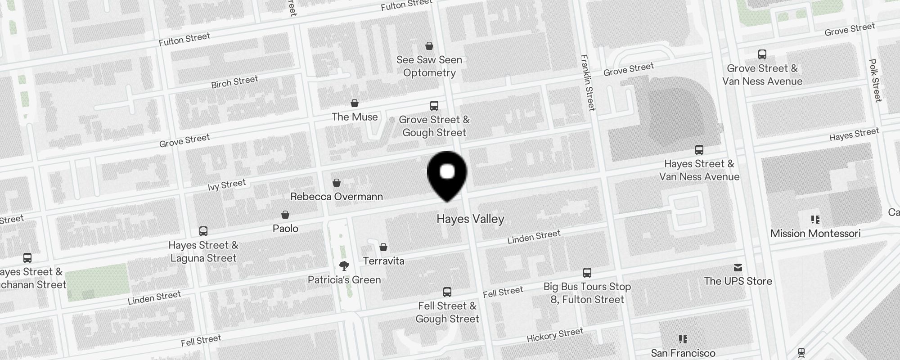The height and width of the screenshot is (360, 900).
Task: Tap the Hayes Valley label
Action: point(470,219)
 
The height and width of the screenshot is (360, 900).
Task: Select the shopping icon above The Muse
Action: point(355,103)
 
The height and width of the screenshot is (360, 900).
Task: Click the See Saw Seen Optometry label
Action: point(429,66)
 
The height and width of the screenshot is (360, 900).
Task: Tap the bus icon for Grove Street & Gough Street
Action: point(434,106)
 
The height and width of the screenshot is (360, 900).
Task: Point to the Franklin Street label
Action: point(588,82)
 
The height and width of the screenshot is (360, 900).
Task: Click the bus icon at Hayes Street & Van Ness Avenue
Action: point(699,150)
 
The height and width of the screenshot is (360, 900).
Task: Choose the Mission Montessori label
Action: point(815,234)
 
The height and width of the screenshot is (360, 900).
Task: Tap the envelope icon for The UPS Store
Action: point(738,268)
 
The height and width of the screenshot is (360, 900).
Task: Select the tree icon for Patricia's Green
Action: point(344,265)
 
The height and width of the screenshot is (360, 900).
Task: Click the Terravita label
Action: point(383,261)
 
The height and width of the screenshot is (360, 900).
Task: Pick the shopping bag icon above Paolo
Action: point(285,215)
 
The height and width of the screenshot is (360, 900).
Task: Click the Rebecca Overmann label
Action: point(337,197)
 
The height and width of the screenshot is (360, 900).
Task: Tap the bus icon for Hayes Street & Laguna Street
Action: point(203,231)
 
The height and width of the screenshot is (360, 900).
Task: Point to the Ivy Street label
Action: point(227,185)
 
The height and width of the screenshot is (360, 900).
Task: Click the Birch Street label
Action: point(234,82)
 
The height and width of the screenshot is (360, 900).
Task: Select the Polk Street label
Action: point(875,80)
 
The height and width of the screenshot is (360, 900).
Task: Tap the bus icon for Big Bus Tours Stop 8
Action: point(587,272)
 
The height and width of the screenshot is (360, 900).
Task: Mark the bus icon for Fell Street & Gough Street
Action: point(447,292)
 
